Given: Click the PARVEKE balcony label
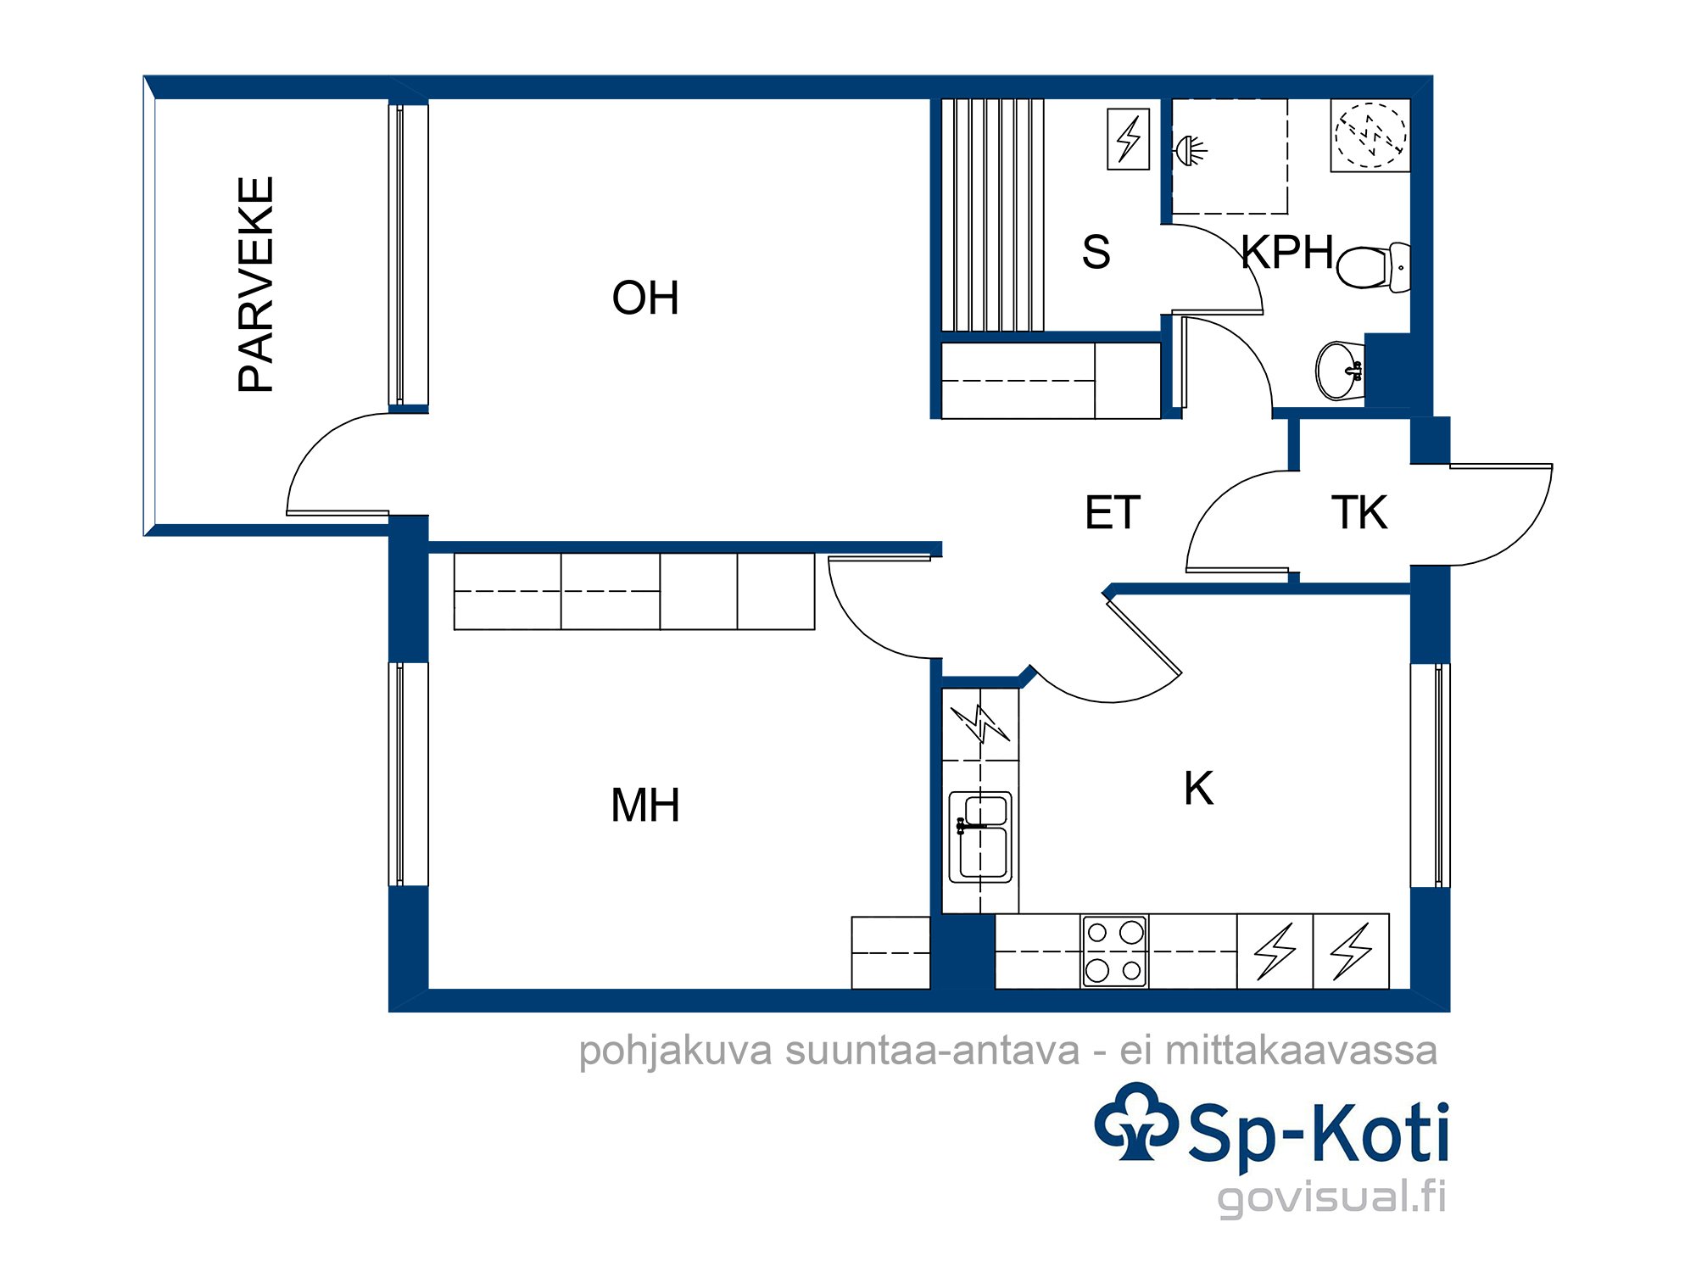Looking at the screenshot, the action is point(256,284).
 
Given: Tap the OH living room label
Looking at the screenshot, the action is point(645,298).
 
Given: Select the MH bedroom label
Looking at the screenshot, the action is point(645,806).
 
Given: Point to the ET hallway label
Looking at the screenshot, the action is point(1113,513).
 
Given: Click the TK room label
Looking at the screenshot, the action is point(1359,513).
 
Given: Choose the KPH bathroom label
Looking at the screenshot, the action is point(1287,253).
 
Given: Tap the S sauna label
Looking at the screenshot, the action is point(1096,253).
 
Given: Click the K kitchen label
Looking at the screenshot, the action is point(1199,789).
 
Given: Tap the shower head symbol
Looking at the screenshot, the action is point(1189,151).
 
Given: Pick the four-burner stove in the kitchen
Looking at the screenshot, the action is point(1114,951).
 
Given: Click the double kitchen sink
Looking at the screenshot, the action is point(980,837).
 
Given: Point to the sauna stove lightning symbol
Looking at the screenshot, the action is point(1129,139).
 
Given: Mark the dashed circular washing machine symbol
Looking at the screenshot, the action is point(1370,136).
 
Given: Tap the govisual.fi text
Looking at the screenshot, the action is point(1331,1197).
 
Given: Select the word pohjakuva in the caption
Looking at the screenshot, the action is point(676,1052).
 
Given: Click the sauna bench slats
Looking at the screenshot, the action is point(993,215).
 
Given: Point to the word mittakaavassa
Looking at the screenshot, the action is point(1302,1050).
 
